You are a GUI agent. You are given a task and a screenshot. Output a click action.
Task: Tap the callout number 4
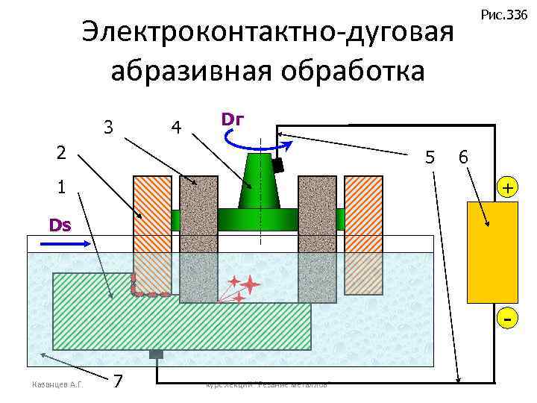coord(175,128)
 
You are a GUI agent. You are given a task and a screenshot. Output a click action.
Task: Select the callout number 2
coord(63,152)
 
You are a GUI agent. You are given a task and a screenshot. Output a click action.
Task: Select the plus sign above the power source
coord(506,188)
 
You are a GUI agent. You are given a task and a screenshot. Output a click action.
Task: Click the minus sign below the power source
coord(507,319)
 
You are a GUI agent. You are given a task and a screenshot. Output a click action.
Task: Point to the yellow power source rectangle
coord(492,252)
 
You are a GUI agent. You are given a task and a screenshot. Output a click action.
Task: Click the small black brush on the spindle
coord(277,165)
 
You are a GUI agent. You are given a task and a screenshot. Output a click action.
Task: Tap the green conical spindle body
coord(259,183)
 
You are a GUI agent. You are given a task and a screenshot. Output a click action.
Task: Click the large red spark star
coord(250,284)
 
